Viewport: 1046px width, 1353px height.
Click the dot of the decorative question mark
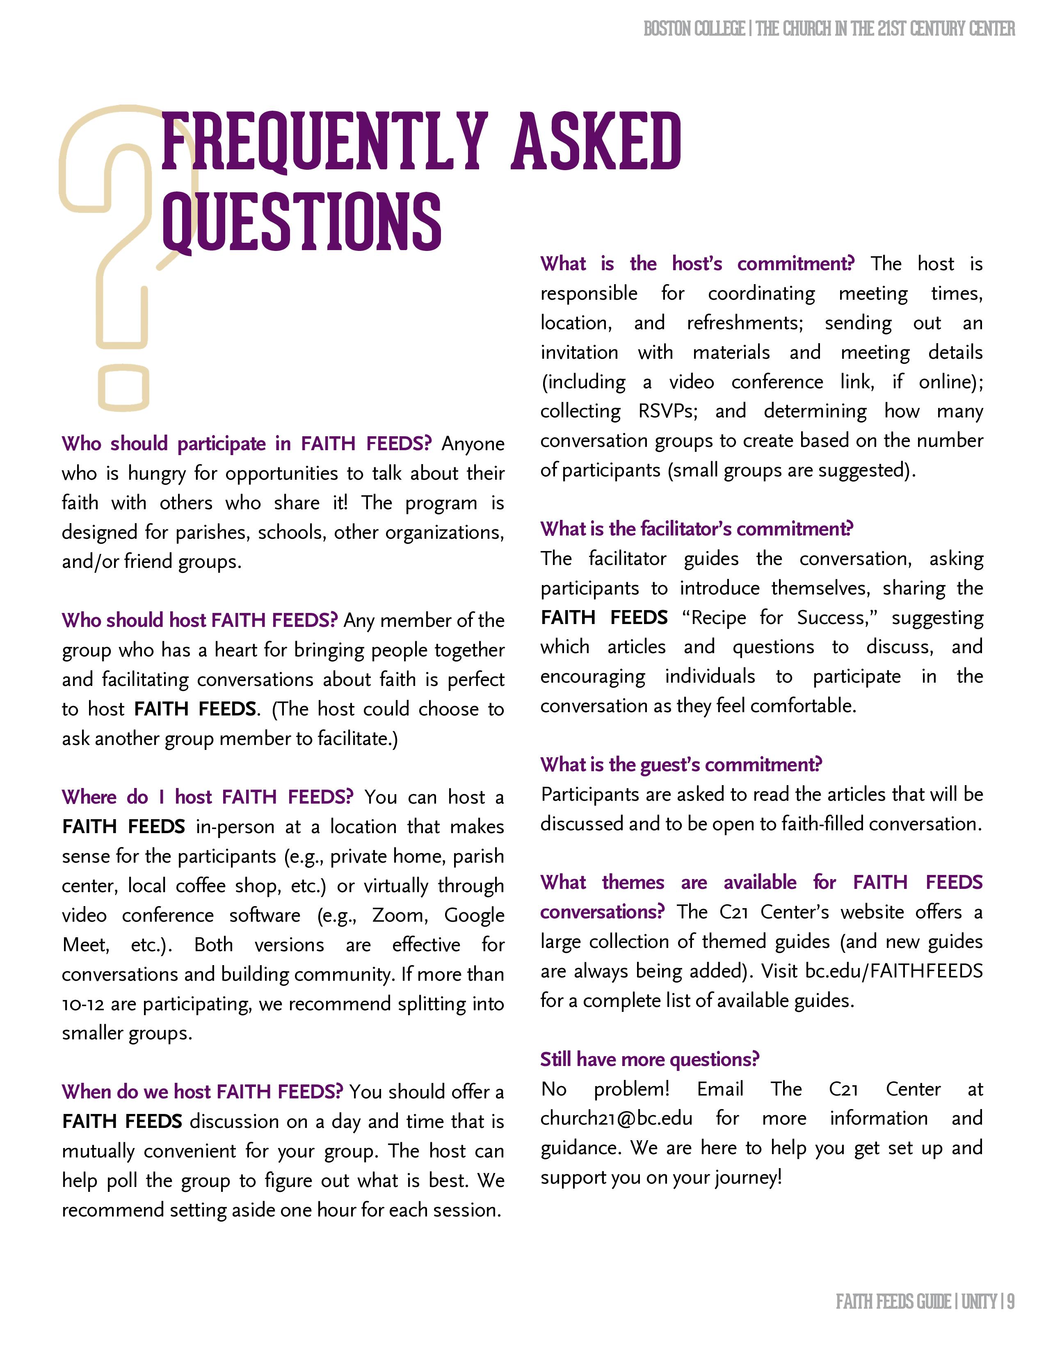click(x=124, y=387)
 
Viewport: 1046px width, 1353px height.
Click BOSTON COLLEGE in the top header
click(x=694, y=29)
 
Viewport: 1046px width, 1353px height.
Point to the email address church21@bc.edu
click(x=616, y=1118)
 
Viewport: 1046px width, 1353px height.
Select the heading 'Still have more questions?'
click(x=649, y=1059)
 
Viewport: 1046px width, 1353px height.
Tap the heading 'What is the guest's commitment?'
click(x=681, y=765)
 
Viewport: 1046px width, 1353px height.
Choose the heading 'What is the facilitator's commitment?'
click(x=697, y=528)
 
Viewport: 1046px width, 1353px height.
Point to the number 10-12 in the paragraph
click(x=83, y=1004)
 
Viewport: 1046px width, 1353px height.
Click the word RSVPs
click(x=667, y=411)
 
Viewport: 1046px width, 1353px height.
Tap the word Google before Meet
click(x=474, y=915)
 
